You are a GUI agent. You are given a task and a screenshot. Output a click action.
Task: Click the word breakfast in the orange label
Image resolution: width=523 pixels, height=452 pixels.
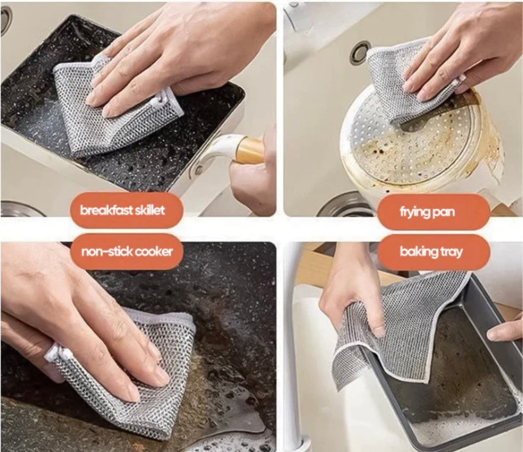[103, 211]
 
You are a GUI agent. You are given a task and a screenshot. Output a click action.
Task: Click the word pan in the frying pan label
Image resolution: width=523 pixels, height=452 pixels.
[443, 213]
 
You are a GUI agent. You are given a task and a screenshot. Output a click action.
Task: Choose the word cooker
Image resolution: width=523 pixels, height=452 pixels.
[153, 252]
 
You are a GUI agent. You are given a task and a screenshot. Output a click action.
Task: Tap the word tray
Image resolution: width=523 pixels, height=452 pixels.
[448, 252]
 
